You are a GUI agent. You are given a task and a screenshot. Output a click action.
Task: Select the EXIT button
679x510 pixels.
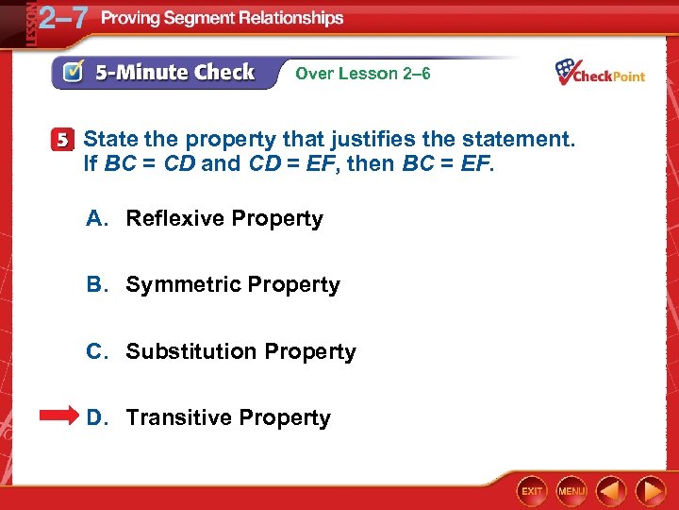533,491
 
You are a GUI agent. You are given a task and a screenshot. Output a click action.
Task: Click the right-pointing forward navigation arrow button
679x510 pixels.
651,490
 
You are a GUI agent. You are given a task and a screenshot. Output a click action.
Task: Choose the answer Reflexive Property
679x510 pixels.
224,218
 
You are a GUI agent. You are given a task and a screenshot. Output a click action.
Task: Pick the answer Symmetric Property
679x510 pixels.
232,284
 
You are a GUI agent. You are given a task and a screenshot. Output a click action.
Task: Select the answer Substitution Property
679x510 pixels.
240,351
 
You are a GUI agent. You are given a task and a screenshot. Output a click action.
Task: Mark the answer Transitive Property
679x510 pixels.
228,417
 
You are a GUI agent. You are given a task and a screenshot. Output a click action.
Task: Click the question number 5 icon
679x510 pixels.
61,141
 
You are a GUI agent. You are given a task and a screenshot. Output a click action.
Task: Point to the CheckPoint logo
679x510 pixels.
600,72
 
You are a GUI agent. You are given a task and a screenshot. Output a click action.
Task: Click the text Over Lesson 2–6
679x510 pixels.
363,73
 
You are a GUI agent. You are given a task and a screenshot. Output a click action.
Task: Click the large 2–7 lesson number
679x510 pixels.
58,19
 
